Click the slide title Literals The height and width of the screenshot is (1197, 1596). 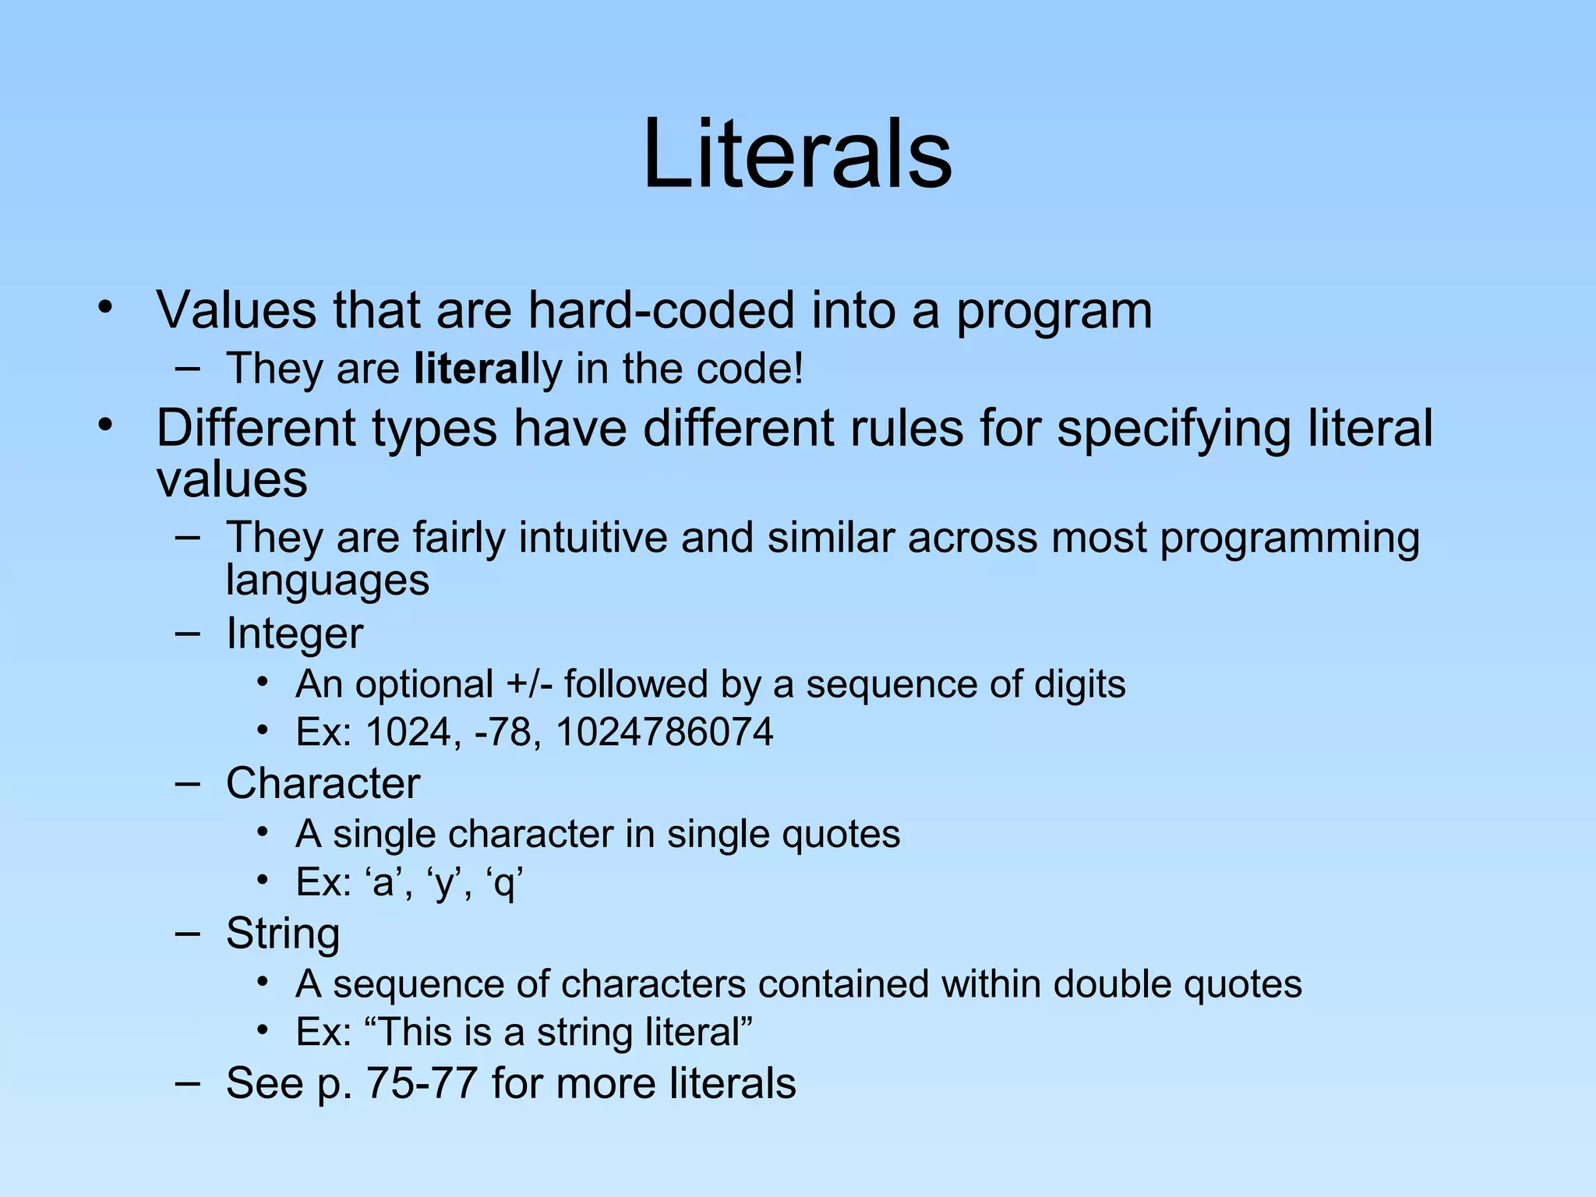pyautogui.click(x=797, y=154)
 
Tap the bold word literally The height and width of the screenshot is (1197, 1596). pyautogui.click(x=487, y=369)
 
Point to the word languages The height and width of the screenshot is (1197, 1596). pyautogui.click(x=327, y=581)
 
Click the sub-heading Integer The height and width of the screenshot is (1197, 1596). pyautogui.click(x=295, y=633)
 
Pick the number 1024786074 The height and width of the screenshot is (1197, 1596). pyautogui.click(x=664, y=733)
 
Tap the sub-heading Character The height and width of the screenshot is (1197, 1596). pyautogui.click(x=323, y=783)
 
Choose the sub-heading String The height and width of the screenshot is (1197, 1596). pyautogui.click(x=283, y=933)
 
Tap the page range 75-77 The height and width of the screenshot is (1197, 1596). pyautogui.click(x=421, y=1083)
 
